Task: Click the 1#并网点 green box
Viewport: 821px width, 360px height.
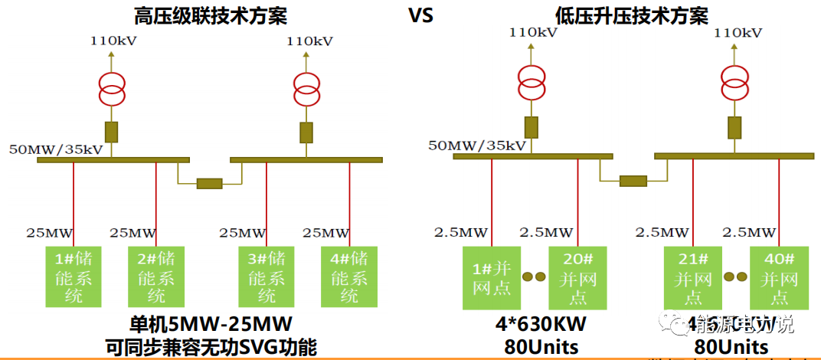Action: click(x=492, y=276)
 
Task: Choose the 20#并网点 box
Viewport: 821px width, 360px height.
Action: click(x=577, y=276)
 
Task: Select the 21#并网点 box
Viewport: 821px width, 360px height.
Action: click(x=692, y=276)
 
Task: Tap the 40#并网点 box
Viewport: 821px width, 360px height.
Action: click(x=778, y=276)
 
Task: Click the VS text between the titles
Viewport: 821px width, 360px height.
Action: click(x=420, y=15)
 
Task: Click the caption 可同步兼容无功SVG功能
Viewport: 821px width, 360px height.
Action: click(x=211, y=347)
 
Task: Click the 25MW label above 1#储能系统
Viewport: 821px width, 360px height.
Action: click(x=51, y=232)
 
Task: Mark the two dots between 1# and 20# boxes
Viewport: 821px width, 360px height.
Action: click(x=534, y=276)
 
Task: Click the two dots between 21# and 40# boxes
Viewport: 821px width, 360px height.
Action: click(x=734, y=276)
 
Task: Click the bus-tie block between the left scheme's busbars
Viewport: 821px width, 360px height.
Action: click(x=209, y=183)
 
